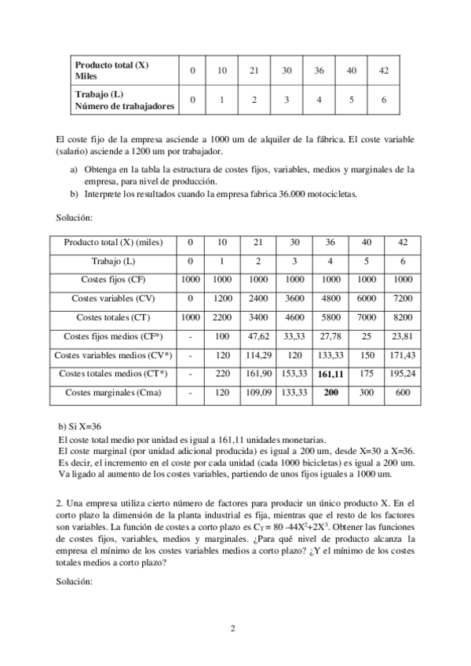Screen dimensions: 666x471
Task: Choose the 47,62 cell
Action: tap(254, 336)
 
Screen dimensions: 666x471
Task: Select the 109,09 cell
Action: tap(254, 392)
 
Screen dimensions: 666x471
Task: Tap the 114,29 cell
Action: tap(254, 355)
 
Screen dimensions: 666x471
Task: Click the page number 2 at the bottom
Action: tap(233, 628)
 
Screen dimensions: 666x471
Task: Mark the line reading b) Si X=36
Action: tap(80, 426)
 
